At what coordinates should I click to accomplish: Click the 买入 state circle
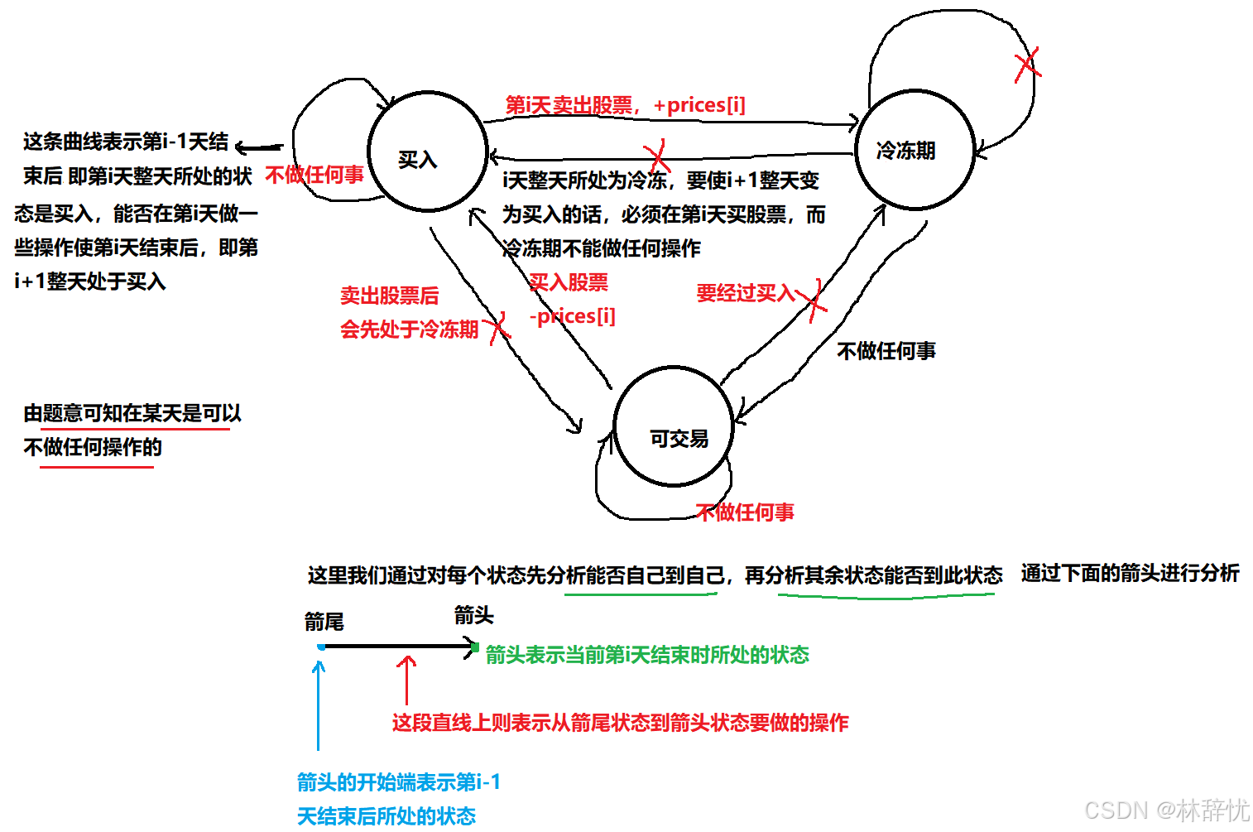pos(427,152)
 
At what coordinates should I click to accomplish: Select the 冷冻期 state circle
pos(914,150)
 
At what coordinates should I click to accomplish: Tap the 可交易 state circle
pos(674,427)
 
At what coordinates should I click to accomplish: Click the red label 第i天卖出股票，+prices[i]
pos(625,105)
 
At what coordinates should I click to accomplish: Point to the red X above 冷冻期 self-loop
pos(1026,65)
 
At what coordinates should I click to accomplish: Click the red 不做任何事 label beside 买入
pos(314,175)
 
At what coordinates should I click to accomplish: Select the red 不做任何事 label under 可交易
pos(745,512)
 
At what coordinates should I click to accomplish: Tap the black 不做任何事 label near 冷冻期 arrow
pos(886,351)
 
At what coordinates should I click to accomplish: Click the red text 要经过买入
pos(745,293)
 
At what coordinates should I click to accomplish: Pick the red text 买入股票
pos(569,282)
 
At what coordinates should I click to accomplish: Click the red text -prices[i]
pos(573,316)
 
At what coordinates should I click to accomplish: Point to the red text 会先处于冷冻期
pos(409,329)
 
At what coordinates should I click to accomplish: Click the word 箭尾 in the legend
pos(324,622)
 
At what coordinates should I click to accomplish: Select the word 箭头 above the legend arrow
pos(473,615)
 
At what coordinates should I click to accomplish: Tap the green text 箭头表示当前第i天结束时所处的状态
pos(646,655)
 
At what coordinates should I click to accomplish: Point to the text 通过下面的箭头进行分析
pos(1130,573)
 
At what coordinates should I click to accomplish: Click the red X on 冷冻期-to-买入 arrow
pos(657,156)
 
